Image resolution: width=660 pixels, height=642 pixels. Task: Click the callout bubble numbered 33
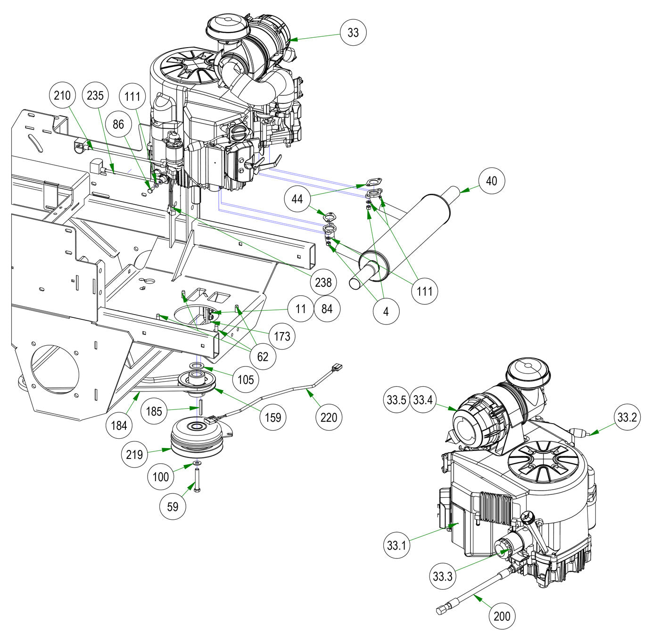353,33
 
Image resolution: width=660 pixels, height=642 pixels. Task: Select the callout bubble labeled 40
491,181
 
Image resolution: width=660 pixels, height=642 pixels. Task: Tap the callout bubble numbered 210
62,96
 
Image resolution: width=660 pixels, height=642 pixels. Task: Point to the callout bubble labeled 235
95,96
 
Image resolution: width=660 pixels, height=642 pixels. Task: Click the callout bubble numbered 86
118,125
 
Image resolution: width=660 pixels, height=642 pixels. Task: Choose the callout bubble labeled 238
323,283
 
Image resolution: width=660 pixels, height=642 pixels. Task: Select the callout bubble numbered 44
297,199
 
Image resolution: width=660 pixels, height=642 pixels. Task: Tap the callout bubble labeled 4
386,311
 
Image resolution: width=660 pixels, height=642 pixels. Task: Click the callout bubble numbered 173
282,336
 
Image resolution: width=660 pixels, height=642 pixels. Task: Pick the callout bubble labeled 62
263,357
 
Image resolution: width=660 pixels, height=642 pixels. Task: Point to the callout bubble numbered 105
246,379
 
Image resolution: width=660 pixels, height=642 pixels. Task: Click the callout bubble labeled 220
329,417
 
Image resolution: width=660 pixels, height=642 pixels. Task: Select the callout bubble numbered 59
173,507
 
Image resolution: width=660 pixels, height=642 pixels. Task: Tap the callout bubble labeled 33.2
627,417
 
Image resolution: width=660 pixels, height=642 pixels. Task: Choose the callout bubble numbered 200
502,616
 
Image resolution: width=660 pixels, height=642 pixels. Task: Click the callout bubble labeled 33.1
396,545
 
